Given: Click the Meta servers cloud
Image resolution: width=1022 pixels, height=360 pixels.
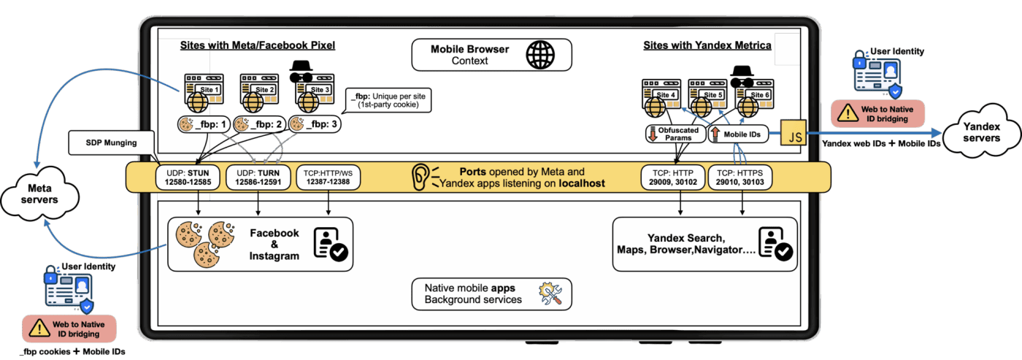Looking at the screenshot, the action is [x=39, y=194].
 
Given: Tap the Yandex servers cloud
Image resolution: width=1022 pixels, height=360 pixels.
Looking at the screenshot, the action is [x=981, y=131].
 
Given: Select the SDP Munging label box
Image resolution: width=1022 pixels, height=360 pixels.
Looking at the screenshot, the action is [x=111, y=143].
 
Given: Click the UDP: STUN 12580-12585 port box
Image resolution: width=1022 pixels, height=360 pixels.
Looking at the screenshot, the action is [x=188, y=177].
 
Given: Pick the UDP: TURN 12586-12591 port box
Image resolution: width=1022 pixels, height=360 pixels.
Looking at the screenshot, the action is [x=258, y=177].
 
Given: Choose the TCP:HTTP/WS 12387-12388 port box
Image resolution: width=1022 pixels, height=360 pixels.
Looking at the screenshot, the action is [x=328, y=177].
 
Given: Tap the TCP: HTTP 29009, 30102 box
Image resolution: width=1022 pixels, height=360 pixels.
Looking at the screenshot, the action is [x=673, y=177].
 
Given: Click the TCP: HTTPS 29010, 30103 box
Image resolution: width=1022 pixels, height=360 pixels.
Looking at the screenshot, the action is [x=739, y=177].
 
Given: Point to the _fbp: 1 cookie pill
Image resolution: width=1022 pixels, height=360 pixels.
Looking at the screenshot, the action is [x=204, y=124].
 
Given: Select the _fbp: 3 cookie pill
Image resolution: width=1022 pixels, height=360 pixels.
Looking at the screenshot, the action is [x=315, y=124].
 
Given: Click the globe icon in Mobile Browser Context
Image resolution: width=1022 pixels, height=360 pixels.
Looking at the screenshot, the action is [x=540, y=55].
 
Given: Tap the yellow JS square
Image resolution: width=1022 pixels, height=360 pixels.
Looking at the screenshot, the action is [x=794, y=133].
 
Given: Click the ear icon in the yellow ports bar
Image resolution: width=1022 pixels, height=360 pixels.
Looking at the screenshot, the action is [x=420, y=177].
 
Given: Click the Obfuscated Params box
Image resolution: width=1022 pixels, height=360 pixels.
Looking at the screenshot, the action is [x=675, y=134].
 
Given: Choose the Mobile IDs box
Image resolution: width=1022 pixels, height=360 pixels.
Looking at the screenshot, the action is [x=738, y=134].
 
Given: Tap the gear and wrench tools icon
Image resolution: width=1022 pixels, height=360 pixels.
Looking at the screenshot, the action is [x=550, y=294].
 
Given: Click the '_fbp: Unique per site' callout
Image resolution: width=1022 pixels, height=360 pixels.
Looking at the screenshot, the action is [x=388, y=100].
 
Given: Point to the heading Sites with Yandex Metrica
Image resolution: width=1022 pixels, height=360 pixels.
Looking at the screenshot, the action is [x=707, y=45].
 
